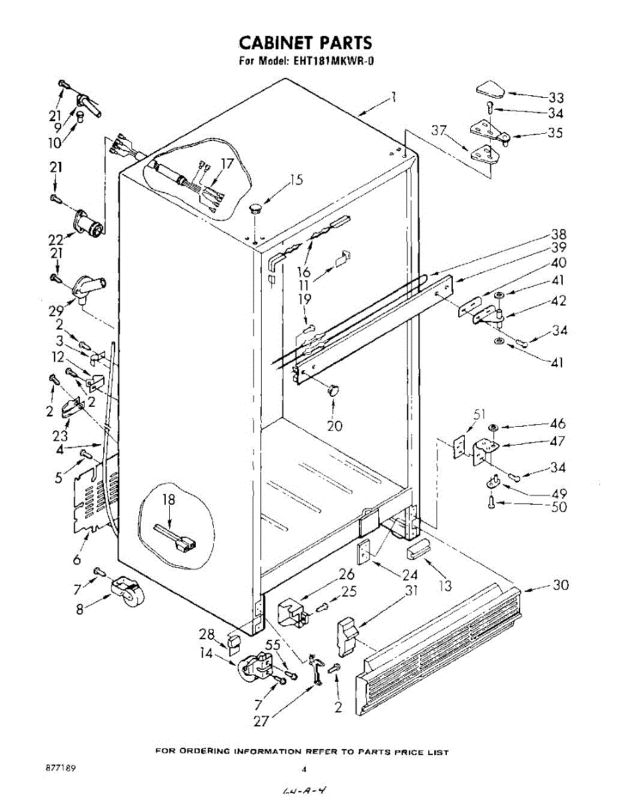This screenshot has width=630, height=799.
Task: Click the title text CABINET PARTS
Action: pyautogui.click(x=306, y=43)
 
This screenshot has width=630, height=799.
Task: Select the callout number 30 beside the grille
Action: pyautogui.click(x=561, y=585)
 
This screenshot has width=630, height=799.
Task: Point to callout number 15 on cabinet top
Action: pyautogui.click(x=296, y=179)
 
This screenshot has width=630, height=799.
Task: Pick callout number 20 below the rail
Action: pyautogui.click(x=334, y=425)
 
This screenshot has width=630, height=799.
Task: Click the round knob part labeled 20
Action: pyautogui.click(x=332, y=390)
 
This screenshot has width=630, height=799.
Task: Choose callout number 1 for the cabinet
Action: pyautogui.click(x=394, y=97)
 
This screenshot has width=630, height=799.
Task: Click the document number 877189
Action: pyautogui.click(x=60, y=768)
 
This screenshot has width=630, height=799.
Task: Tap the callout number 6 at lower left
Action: pyautogui.click(x=77, y=560)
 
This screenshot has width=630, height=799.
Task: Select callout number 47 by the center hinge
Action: pyautogui.click(x=557, y=441)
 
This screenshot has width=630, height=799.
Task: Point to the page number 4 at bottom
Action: pyautogui.click(x=304, y=769)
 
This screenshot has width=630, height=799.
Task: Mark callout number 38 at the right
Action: pyautogui.click(x=557, y=234)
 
